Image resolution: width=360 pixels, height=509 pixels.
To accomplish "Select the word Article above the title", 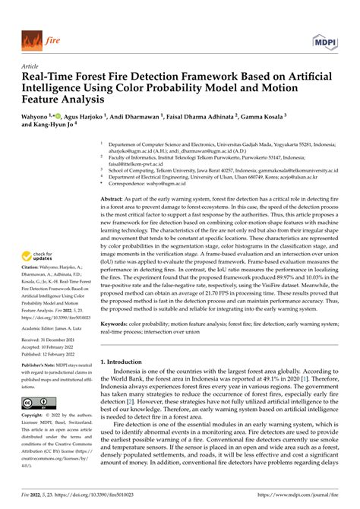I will pyautogui.click(x=32, y=65).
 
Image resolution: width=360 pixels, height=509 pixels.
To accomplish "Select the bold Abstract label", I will pyautogui.click(x=113, y=197).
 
